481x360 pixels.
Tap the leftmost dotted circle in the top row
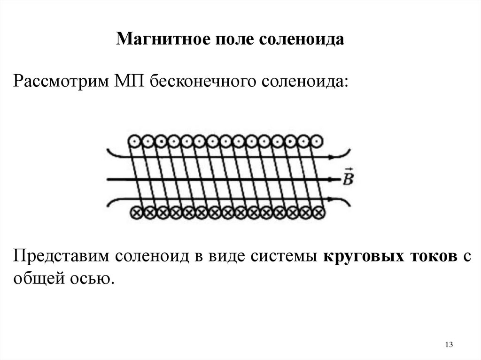coord(134,140)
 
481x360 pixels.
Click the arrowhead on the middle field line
coord(337,179)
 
